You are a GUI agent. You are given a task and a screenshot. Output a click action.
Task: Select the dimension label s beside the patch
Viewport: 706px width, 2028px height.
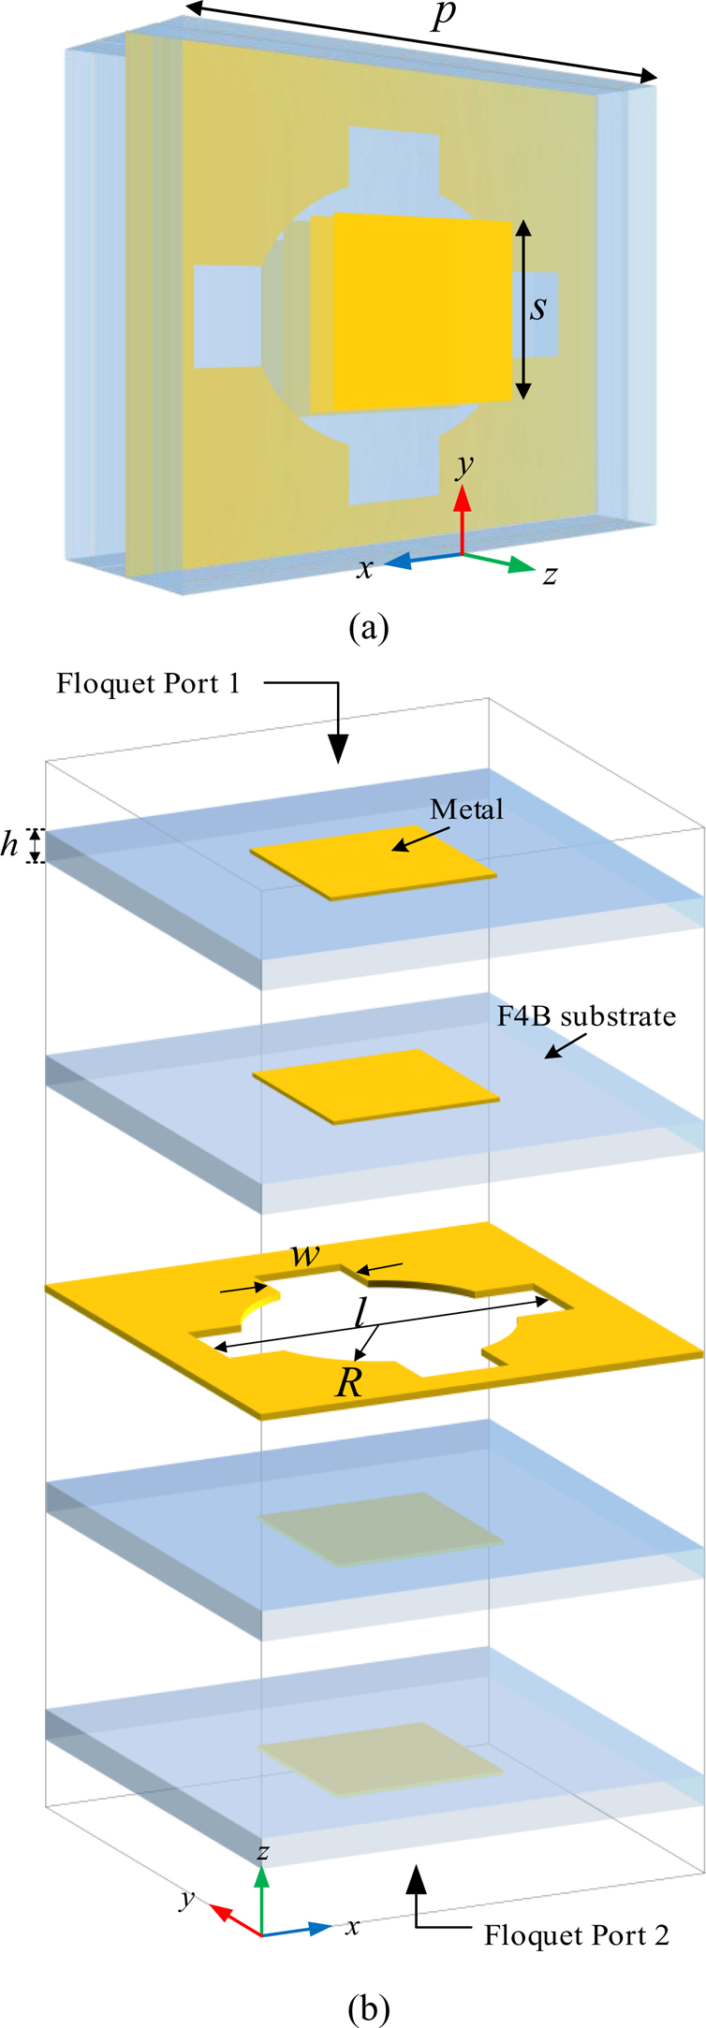pos(537,308)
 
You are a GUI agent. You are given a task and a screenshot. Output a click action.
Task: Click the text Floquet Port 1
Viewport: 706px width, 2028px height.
pos(148,683)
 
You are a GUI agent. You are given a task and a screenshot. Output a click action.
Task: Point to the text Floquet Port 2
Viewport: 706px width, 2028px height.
pos(576,1934)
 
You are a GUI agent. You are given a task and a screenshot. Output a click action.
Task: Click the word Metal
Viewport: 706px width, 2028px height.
pos(466,810)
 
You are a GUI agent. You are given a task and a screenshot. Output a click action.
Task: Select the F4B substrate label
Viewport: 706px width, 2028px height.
pos(586,1016)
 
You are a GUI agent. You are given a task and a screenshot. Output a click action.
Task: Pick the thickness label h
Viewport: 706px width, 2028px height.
pos(10,845)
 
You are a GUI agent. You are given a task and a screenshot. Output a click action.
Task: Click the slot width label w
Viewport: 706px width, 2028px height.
pos(305,1255)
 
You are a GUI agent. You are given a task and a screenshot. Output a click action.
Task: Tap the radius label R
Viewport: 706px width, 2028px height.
pos(348,1383)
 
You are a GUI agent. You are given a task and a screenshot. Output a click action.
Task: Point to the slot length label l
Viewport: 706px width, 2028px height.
pos(360,1314)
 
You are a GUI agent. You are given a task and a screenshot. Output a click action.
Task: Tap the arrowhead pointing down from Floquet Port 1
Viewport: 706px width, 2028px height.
pos(337,748)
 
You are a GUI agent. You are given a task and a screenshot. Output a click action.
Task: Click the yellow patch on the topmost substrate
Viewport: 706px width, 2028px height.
pos(373,863)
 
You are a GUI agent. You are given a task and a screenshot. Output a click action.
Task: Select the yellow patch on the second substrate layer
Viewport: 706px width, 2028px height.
pos(375,1084)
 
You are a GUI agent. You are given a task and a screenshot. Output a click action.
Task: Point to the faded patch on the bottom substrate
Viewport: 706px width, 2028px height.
pos(379,1758)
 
